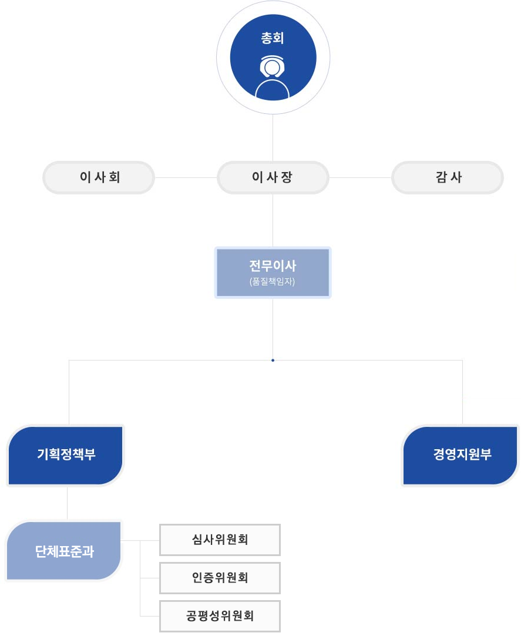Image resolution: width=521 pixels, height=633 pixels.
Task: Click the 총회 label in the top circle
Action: click(273, 38)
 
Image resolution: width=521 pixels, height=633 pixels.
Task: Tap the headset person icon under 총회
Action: click(273, 76)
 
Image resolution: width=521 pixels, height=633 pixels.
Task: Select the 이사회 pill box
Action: click(99, 177)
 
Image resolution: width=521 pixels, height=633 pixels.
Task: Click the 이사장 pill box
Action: click(273, 177)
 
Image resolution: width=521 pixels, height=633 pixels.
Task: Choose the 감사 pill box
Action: click(448, 177)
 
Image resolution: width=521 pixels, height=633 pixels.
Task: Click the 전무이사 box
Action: click(273, 272)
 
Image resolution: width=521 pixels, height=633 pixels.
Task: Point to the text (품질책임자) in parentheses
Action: click(273, 281)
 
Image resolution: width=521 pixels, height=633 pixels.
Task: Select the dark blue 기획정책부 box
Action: click(66, 455)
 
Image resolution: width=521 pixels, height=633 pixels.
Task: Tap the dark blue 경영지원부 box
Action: click(461, 455)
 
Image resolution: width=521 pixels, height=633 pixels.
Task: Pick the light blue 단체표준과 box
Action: click(63, 551)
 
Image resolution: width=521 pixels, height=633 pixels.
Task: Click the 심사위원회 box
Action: click(220, 539)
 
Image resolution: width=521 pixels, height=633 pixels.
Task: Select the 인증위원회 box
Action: click(220, 577)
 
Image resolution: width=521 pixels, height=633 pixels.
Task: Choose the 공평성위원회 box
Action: click(220, 616)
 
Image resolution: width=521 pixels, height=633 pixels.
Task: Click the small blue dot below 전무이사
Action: click(273, 360)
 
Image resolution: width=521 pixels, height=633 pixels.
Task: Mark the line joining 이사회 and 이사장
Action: click(186, 177)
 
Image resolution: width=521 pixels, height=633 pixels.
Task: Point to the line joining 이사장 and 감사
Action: click(360, 177)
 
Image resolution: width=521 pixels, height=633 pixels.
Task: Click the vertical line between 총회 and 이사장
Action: click(273, 137)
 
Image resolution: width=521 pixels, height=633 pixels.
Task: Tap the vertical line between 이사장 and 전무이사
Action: click(273, 220)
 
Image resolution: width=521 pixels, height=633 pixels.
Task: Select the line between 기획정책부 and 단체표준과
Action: click(68, 503)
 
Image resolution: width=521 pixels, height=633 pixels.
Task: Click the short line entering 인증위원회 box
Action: click(150, 578)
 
